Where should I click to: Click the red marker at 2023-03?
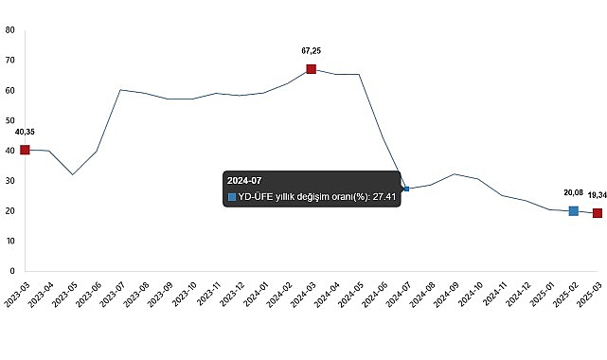click(x=25, y=150)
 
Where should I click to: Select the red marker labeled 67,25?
click(x=312, y=69)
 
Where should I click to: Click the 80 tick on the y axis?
click(x=9, y=29)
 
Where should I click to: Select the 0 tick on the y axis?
click(x=11, y=271)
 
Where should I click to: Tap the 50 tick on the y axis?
click(x=9, y=120)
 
